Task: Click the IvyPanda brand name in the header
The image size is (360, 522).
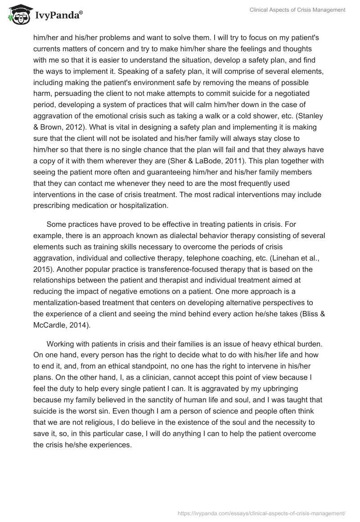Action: [x=58, y=16]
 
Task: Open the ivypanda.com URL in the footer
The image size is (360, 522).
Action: [x=262, y=513]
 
